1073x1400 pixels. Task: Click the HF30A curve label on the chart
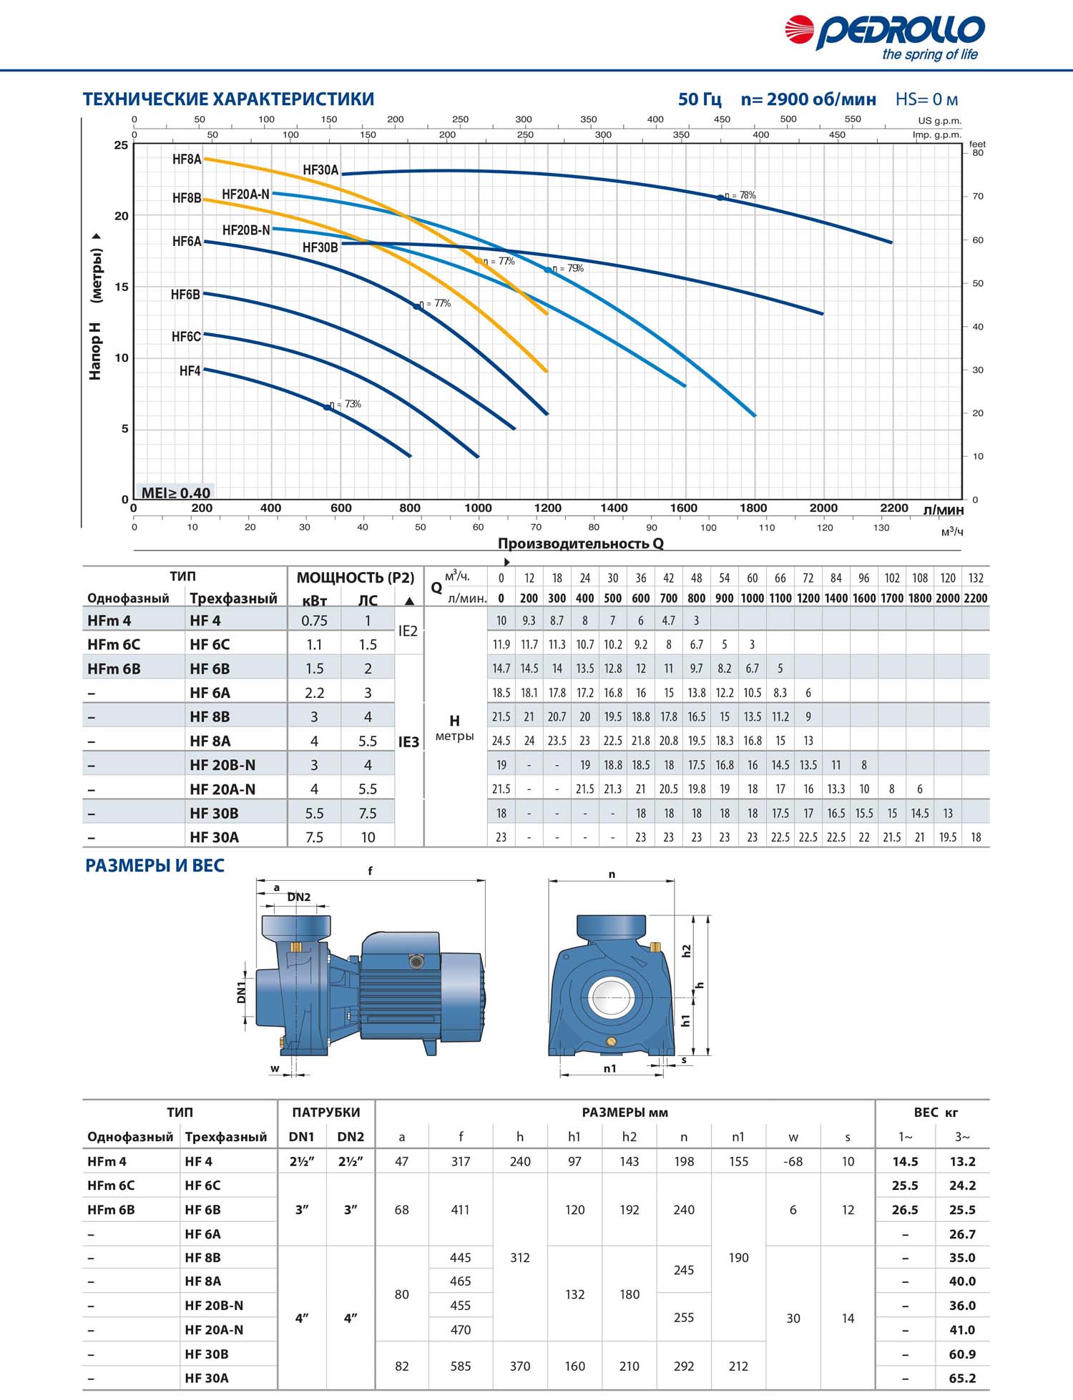click(320, 170)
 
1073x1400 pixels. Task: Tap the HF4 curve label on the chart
click(190, 371)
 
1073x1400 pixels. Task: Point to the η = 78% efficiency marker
click(721, 197)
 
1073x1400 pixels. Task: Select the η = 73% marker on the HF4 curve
click(328, 407)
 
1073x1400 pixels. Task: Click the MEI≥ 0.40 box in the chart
click(175, 493)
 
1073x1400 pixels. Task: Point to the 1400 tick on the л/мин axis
click(614, 508)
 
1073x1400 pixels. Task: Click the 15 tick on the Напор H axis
click(122, 287)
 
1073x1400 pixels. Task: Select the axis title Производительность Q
click(580, 543)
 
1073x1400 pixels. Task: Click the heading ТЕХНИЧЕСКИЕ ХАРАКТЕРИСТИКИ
click(228, 99)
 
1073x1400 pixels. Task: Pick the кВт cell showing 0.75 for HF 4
click(314, 621)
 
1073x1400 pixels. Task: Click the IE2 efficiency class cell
click(408, 631)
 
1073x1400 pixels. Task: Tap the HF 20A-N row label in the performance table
click(222, 789)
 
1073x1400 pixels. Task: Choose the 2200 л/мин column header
click(976, 598)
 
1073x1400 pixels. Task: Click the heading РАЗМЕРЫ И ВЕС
click(155, 866)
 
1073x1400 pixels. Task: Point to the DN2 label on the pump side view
click(299, 897)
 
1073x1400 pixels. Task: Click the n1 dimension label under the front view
click(609, 1069)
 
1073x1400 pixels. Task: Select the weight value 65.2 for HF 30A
click(962, 1378)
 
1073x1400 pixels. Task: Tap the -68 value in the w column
click(793, 1162)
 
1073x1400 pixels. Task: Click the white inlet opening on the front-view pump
click(612, 996)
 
